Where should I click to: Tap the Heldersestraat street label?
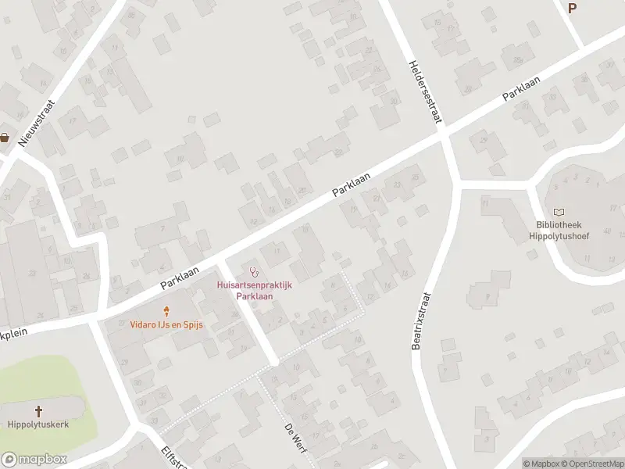pyautogui.click(x=423, y=91)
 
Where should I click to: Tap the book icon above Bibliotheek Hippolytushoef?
pyautogui.click(x=559, y=212)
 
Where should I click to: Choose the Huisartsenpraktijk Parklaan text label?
pyautogui.click(x=254, y=291)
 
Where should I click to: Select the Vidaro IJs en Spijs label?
pyautogui.click(x=166, y=324)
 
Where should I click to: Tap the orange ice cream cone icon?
pyautogui.click(x=166, y=310)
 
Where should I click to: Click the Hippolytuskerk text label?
pyautogui.click(x=38, y=424)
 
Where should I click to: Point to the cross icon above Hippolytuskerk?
pyautogui.click(x=38, y=410)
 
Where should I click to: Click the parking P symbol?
pyautogui.click(x=573, y=9)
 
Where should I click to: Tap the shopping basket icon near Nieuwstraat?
pyautogui.click(x=5, y=138)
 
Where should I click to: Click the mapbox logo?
pyautogui.click(x=34, y=460)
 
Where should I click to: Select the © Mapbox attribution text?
pyautogui.click(x=541, y=463)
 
